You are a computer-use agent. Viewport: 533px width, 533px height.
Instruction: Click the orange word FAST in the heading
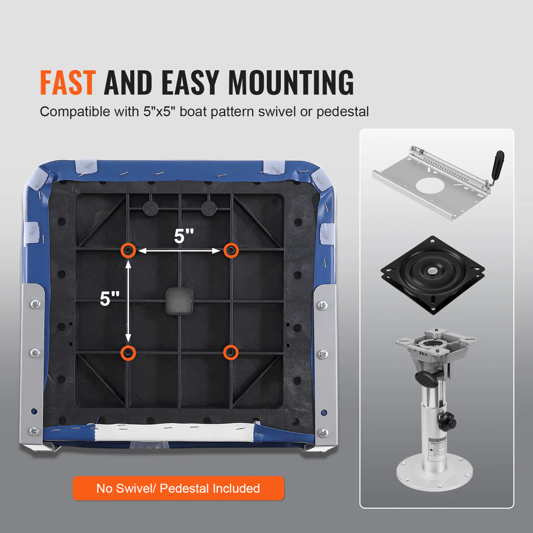click(68, 83)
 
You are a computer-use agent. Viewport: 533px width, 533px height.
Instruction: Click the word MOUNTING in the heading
click(290, 83)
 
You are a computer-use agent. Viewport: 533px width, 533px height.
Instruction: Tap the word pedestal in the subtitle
click(342, 112)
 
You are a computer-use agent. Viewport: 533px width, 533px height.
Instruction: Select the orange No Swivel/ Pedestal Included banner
click(178, 488)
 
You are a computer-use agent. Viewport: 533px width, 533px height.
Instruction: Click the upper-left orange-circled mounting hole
click(128, 250)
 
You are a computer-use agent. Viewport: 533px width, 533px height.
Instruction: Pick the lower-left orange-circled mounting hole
click(128, 352)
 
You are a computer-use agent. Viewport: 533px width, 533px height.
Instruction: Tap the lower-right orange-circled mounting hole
click(231, 352)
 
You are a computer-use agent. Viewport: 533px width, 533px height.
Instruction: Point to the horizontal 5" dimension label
click(184, 236)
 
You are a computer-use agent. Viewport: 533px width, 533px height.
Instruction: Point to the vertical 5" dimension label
click(110, 298)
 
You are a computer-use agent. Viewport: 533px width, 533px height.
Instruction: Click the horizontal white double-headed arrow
click(179, 251)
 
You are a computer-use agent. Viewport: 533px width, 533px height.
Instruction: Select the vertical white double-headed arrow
click(128, 301)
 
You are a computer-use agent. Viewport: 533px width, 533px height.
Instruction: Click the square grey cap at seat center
click(179, 301)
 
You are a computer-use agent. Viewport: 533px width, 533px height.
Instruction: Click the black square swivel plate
click(432, 275)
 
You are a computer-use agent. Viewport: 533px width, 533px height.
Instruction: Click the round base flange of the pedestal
click(434, 473)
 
